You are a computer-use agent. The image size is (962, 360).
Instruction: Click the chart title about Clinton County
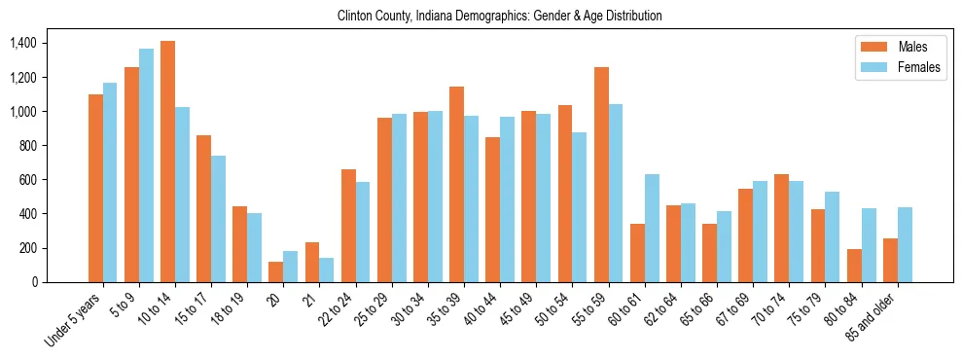coord(499,16)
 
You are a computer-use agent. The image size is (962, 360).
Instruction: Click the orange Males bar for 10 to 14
coord(167,162)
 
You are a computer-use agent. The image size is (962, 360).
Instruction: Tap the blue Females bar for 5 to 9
coord(146,165)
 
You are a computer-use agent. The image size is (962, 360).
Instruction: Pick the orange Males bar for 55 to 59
coord(601,175)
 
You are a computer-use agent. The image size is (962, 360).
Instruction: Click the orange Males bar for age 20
coord(276,271)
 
